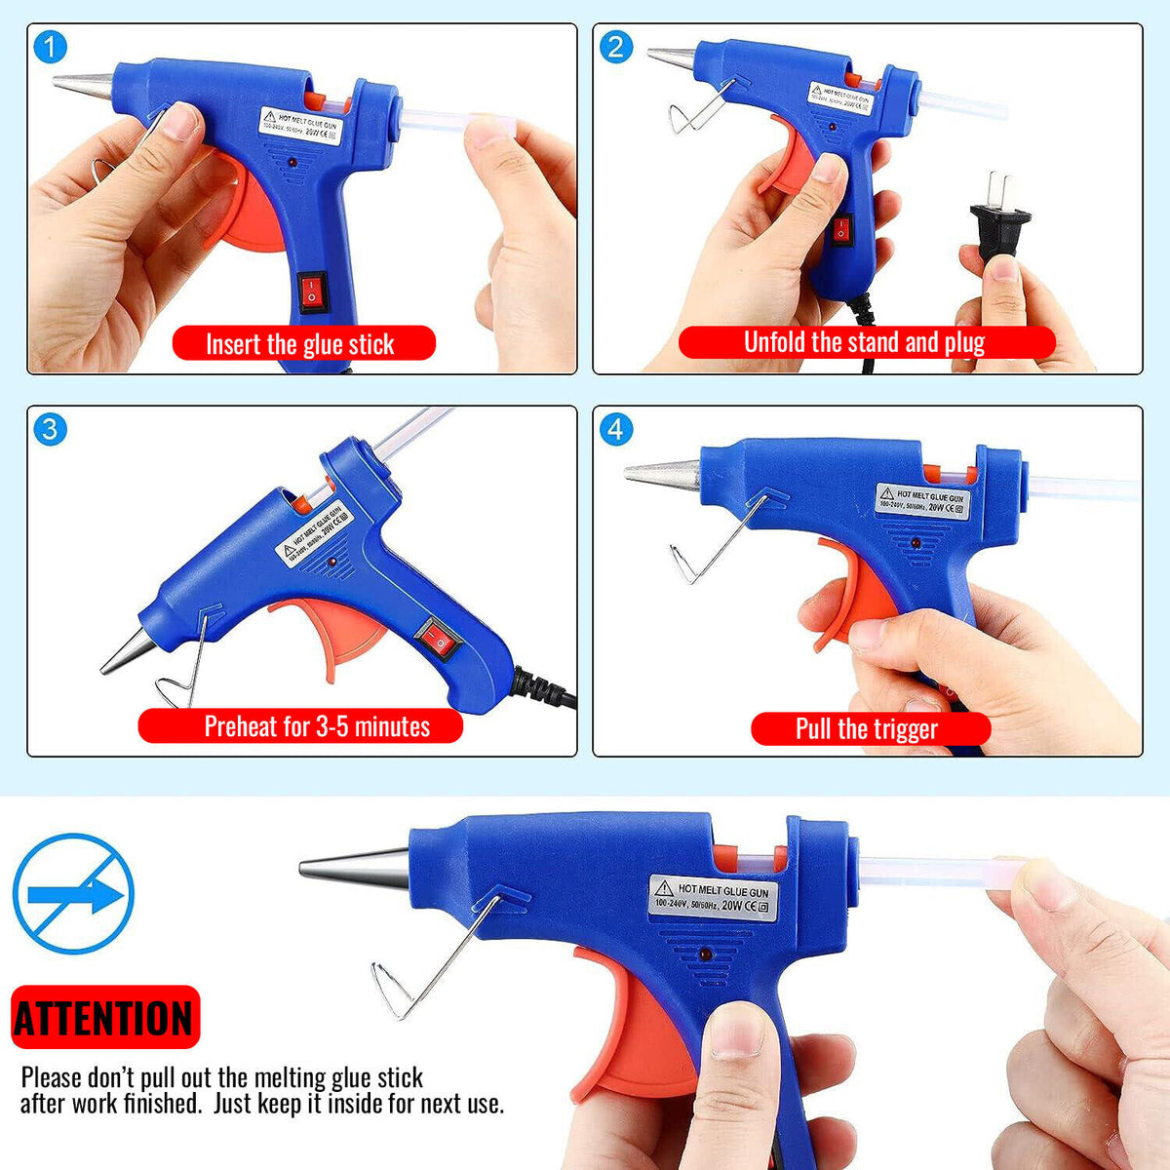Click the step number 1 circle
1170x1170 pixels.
[50, 46]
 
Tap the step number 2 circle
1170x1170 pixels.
[615, 46]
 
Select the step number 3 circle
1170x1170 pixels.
[50, 428]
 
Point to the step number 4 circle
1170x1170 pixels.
[615, 428]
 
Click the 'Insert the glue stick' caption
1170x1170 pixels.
[303, 344]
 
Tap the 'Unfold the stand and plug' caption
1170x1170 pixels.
[866, 342]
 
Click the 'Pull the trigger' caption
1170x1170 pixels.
[869, 728]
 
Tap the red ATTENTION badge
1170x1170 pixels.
[104, 1018]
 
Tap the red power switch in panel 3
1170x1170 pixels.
[440, 639]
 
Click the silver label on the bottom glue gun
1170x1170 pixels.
[715, 897]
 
